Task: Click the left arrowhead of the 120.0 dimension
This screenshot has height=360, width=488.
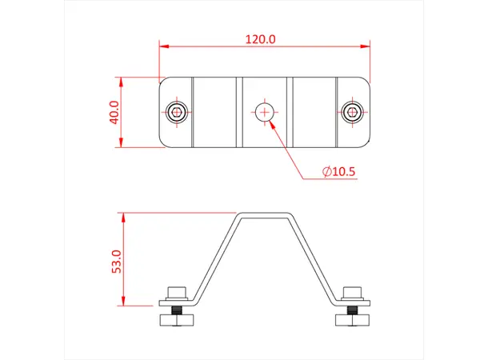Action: [x=163, y=46]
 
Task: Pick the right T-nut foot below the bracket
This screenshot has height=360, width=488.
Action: [x=351, y=322]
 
